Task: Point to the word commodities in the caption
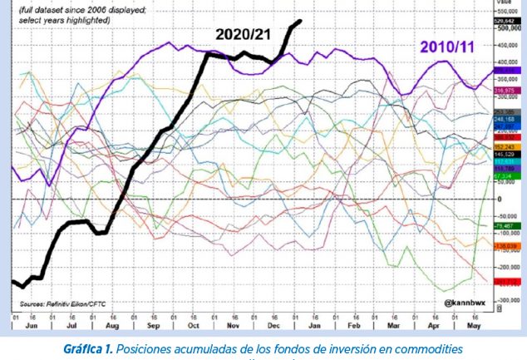coord(433,347)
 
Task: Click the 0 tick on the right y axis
coord(499,200)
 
